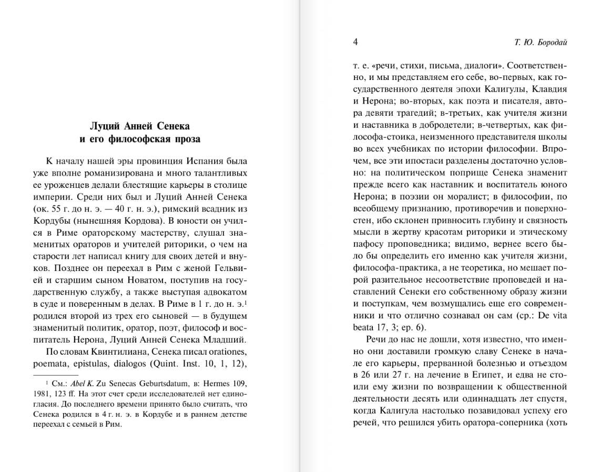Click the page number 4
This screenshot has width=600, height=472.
[355, 42]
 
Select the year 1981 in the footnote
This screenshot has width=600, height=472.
[56, 394]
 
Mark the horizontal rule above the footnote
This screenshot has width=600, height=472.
[63, 374]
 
